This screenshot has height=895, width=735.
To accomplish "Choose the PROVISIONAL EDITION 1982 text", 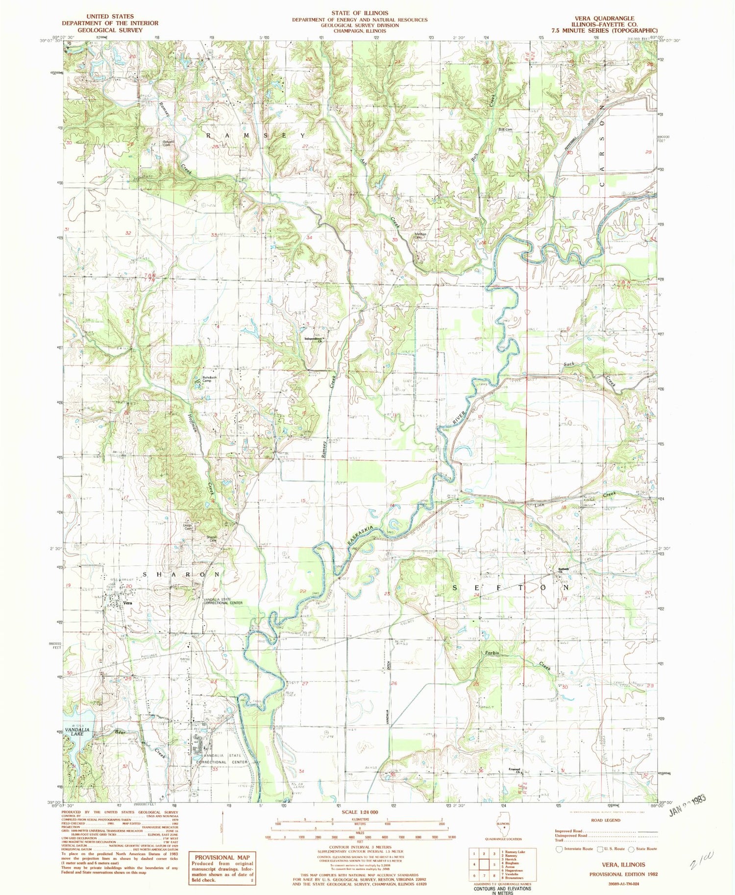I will tap(623, 874).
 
